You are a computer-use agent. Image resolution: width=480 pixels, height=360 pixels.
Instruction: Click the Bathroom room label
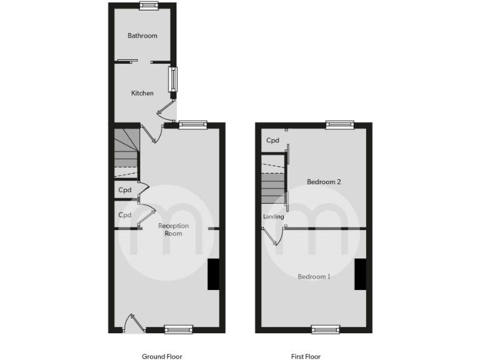click(x=142, y=36)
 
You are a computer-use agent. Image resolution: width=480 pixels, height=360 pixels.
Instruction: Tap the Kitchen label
click(x=142, y=93)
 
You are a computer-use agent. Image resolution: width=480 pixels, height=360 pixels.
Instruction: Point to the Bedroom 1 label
click(x=314, y=276)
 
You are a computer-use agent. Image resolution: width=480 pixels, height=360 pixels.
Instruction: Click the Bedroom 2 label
click(x=324, y=182)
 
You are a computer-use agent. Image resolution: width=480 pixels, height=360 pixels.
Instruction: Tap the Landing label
click(x=274, y=217)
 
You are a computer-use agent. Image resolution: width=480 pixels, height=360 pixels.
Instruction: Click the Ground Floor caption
click(x=162, y=357)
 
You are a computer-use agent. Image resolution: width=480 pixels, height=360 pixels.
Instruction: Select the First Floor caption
click(x=306, y=357)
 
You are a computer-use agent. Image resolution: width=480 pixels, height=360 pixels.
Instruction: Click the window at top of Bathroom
click(x=149, y=6)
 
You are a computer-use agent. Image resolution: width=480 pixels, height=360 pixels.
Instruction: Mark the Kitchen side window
click(x=173, y=79)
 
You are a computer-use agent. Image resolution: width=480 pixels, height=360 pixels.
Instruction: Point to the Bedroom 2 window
click(x=339, y=125)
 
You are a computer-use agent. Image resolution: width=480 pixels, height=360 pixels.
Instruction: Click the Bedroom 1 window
click(x=326, y=329)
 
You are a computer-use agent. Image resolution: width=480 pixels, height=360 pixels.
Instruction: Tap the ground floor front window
click(x=179, y=329)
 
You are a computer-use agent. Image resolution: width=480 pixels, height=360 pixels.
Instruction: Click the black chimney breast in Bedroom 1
click(x=360, y=274)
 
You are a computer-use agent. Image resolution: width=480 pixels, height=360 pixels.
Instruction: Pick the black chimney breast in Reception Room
click(x=213, y=274)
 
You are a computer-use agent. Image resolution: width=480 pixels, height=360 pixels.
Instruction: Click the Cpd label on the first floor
click(x=272, y=141)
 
